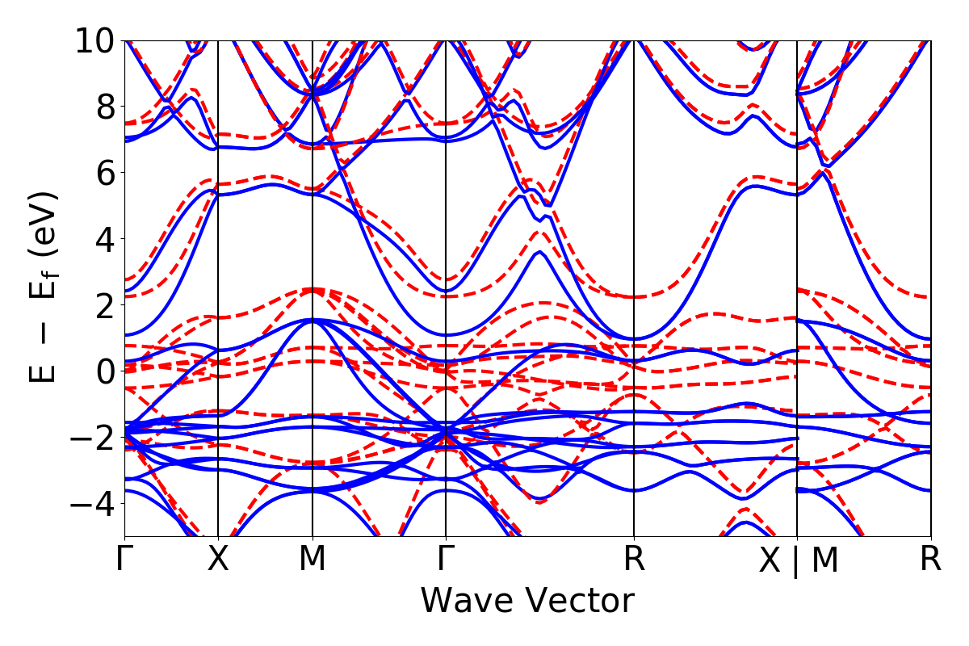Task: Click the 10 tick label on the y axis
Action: point(96,40)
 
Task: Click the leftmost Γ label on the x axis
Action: point(124,560)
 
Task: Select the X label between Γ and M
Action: point(218,560)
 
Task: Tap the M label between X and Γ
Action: point(313,560)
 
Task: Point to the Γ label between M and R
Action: point(446,560)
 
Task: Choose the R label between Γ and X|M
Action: point(634,560)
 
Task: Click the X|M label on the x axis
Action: point(798,561)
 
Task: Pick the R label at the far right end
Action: point(931,560)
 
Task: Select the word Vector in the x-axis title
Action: point(580,602)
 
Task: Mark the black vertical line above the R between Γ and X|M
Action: point(634,242)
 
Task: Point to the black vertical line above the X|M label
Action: point(797,242)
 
